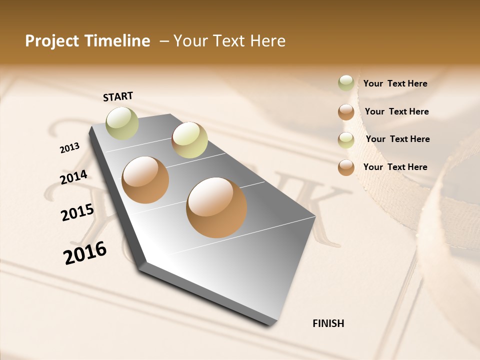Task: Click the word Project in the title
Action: [50, 41]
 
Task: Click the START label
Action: [118, 96]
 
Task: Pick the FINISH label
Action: [328, 323]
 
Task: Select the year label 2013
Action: [69, 148]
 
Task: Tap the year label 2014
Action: [73, 177]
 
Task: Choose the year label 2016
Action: [85, 253]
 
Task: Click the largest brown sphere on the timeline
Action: [216, 207]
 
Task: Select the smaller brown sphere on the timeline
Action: [145, 180]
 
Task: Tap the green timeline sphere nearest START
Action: [122, 123]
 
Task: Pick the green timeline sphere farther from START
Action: [189, 140]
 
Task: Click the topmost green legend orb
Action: [346, 83]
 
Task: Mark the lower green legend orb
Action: [346, 140]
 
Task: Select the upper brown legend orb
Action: [346, 112]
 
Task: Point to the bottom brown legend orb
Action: [346, 167]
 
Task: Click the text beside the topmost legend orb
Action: [395, 83]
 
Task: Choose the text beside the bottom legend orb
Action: [395, 167]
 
